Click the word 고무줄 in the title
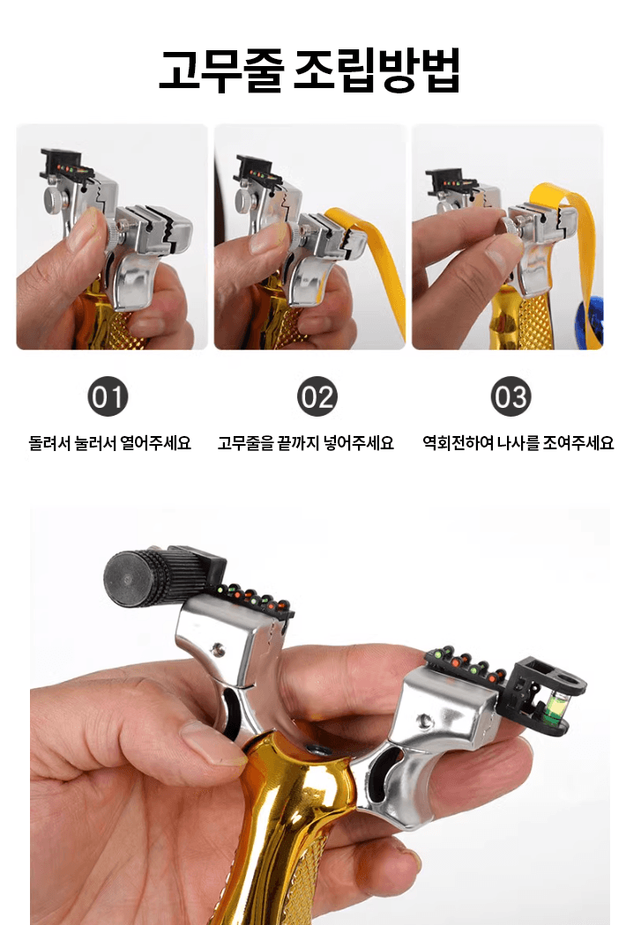220,71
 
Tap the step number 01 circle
108,397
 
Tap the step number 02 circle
317,397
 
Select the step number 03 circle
511,397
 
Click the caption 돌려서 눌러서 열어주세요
110,443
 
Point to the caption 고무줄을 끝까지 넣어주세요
306,443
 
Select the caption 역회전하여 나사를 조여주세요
518,443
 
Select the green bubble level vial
557,710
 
